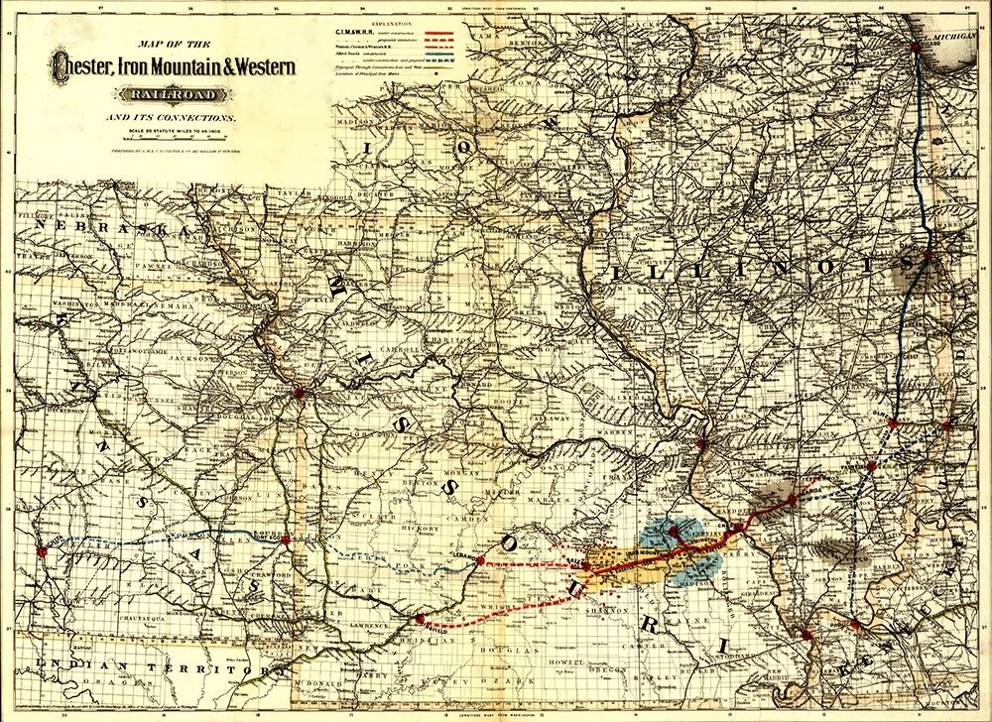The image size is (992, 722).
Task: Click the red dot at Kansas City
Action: [x=297, y=394]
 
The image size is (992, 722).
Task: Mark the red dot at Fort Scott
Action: [x=286, y=541]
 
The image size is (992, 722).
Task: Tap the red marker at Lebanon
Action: [x=481, y=560]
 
